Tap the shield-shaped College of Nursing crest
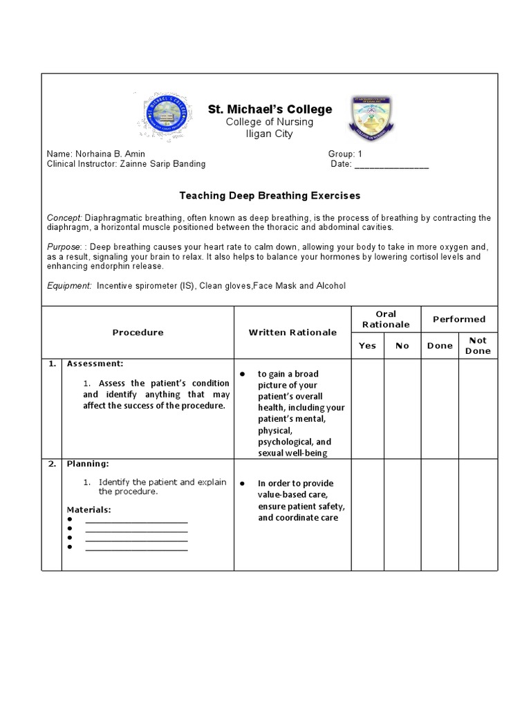click(372, 118)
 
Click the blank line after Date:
click(391, 165)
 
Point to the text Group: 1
click(345, 154)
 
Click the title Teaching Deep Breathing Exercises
click(270, 196)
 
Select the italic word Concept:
click(64, 217)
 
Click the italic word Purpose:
click(64, 246)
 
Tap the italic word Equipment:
click(69, 285)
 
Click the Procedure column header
click(138, 332)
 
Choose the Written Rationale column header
click(292, 332)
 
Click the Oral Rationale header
click(386, 319)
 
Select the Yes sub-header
click(367, 345)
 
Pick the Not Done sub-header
click(478, 345)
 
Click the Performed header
click(459, 319)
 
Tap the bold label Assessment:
click(95, 364)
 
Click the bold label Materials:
click(88, 510)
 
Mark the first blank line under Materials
click(136, 521)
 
